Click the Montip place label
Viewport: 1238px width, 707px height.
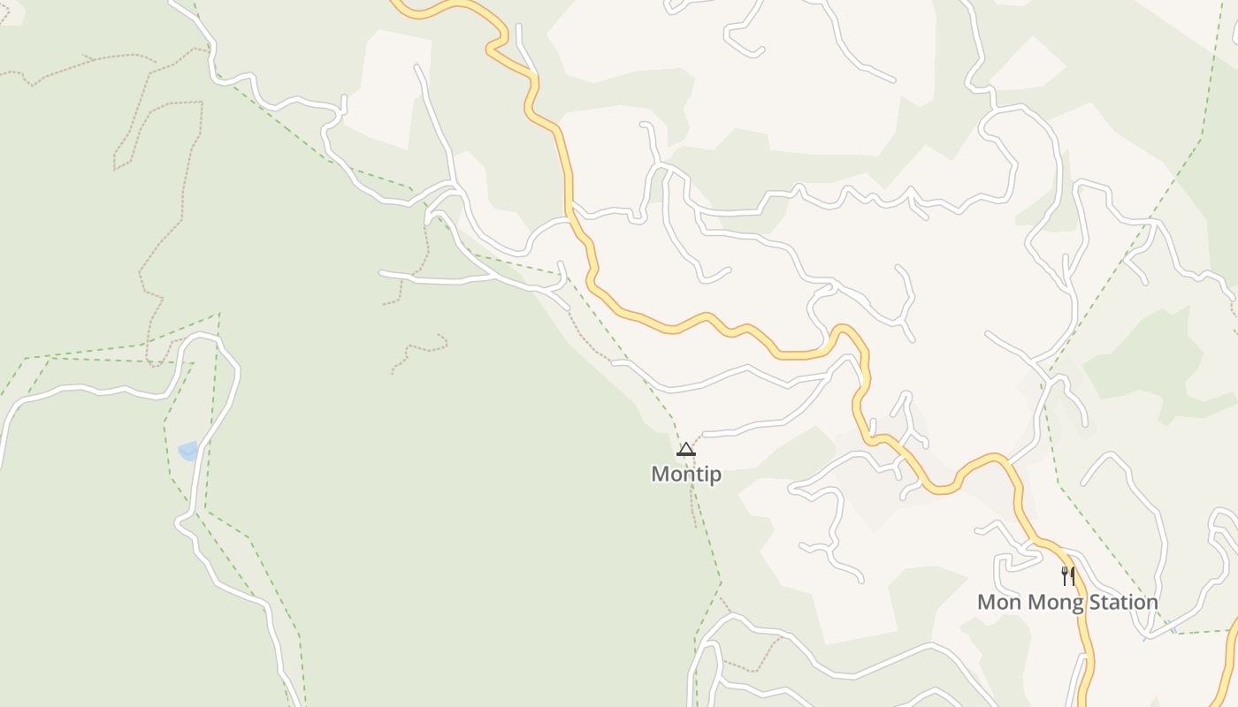coord(686,475)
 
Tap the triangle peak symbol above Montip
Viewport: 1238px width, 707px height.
coord(686,450)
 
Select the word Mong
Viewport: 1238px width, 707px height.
coord(1044,603)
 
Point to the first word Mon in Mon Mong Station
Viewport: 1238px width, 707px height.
coord(996,603)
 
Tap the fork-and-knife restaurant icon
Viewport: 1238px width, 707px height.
coord(1068,576)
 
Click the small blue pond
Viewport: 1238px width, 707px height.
coord(187,452)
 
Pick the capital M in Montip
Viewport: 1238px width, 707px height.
coord(660,475)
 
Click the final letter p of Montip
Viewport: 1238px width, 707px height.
coord(715,476)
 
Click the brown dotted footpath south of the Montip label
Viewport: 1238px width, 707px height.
coord(693,508)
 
